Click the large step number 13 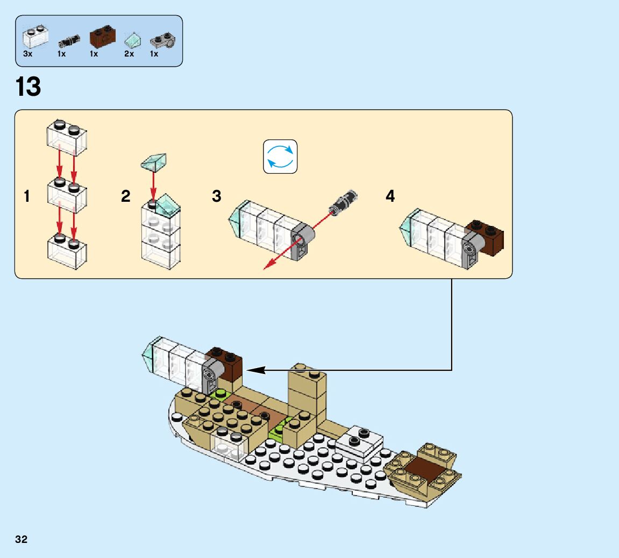tap(29, 87)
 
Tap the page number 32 tap(21, 540)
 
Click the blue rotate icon tap(280, 157)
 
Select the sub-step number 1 tap(26, 197)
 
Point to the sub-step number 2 tap(126, 197)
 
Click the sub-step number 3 tap(217, 197)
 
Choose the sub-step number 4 tap(390, 197)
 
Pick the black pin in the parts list tap(69, 40)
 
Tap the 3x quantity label tap(28, 54)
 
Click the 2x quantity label tap(129, 54)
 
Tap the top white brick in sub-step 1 tap(67, 137)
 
